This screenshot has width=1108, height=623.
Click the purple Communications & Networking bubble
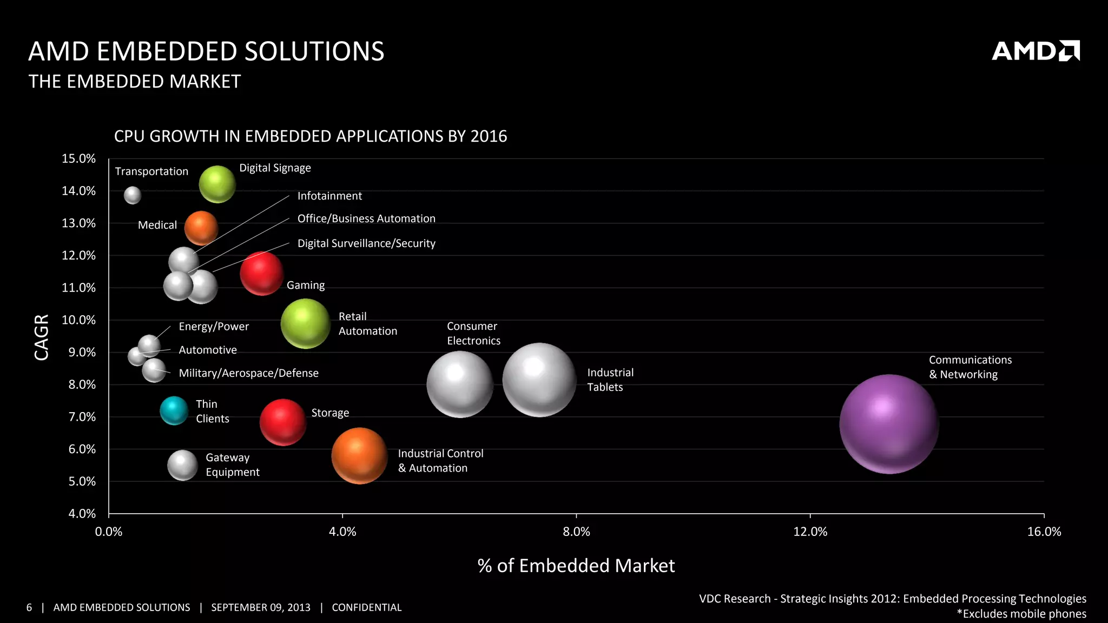pyautogui.click(x=889, y=424)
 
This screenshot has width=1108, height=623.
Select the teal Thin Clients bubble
pyautogui.click(x=174, y=410)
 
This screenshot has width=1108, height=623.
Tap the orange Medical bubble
pyautogui.click(x=201, y=228)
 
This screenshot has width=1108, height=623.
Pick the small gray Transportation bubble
pyautogui.click(x=133, y=195)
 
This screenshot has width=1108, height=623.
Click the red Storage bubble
pyautogui.click(x=283, y=422)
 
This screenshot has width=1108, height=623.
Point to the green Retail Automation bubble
pyautogui.click(x=306, y=323)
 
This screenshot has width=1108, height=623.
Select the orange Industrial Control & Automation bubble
pyautogui.click(x=360, y=456)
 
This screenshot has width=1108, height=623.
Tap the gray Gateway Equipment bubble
pyautogui.click(x=183, y=465)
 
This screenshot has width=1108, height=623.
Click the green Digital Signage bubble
pyautogui.click(x=217, y=184)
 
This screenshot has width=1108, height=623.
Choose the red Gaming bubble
pyautogui.click(x=262, y=274)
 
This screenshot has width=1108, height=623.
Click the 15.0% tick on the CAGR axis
pyautogui.click(x=79, y=158)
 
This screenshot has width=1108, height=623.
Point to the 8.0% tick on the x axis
pyautogui.click(x=576, y=532)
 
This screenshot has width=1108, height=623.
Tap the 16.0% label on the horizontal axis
pyautogui.click(x=1044, y=532)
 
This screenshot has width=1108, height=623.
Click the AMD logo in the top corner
pyautogui.click(x=1036, y=51)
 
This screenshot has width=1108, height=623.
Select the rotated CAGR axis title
pyautogui.click(x=42, y=337)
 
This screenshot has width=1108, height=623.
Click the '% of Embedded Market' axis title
pyautogui.click(x=576, y=566)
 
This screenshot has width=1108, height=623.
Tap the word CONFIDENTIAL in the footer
pyautogui.click(x=367, y=607)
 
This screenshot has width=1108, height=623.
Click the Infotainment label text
pyautogui.click(x=329, y=196)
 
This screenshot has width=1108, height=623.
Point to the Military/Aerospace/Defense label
pyautogui.click(x=248, y=373)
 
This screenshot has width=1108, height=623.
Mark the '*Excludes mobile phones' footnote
pyautogui.click(x=1021, y=614)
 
